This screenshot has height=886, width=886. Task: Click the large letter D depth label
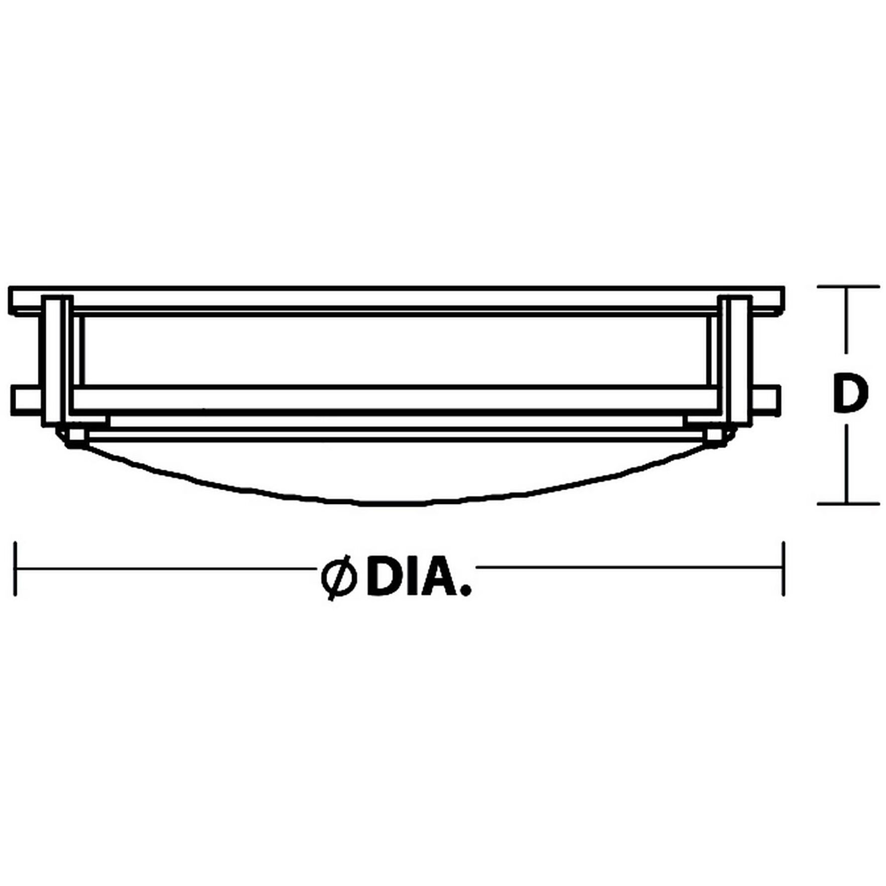[849, 393]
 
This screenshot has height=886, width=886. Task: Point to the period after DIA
[467, 591]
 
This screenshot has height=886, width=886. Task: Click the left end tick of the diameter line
[16, 568]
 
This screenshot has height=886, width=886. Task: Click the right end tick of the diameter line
[783, 568]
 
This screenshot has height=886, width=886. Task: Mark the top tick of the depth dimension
[848, 287]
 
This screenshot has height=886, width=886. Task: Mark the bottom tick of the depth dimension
[848, 503]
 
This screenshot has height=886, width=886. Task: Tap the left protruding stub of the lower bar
[26, 400]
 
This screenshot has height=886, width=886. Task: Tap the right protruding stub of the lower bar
[767, 400]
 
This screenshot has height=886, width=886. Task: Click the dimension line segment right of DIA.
[627, 568]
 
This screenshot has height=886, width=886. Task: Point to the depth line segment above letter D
[848, 326]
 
